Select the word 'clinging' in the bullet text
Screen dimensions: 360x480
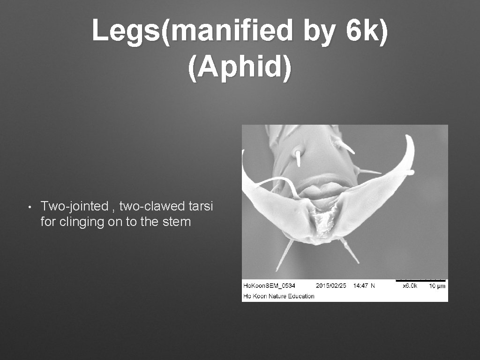[83, 222]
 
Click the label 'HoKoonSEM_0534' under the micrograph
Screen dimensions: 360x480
[269, 285]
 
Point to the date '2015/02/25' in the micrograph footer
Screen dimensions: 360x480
[331, 285]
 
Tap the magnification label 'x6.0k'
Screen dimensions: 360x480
[410, 285]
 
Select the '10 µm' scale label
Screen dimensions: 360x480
[437, 285]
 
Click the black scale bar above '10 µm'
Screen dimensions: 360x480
[420, 280]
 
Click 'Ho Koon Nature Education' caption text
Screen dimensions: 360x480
[278, 296]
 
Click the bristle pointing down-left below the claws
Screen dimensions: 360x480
[284, 255]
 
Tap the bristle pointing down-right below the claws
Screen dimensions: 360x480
[351, 250]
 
